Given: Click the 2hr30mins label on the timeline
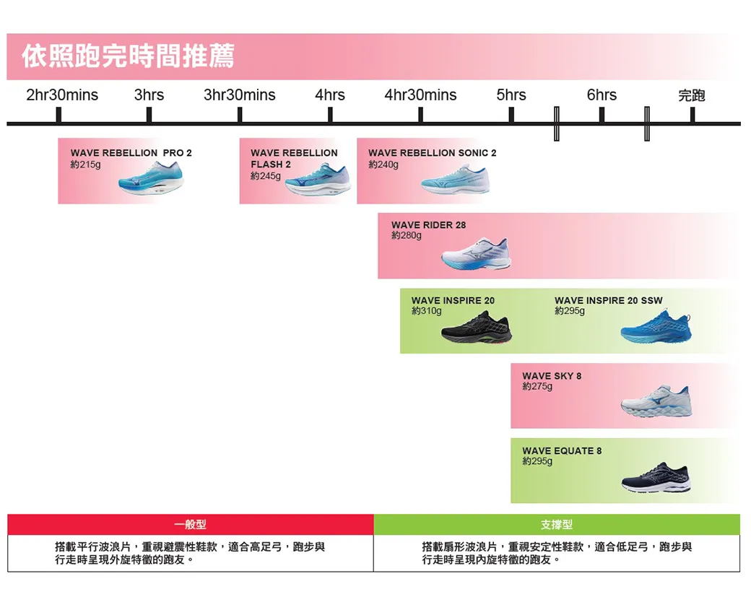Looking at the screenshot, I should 62,95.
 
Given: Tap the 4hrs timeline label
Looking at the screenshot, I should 330,95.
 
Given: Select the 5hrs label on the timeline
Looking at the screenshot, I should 511,95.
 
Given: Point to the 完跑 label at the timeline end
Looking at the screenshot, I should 692,95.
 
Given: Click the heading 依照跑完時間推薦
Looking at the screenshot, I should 129,56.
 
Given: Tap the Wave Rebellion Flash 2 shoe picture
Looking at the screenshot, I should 317,181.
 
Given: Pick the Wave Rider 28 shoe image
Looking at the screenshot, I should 476,253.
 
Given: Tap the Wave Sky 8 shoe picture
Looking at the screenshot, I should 656,401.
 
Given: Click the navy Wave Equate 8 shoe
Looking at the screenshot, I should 656,476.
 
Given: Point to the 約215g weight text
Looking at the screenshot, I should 86,165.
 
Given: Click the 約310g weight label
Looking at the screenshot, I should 426,311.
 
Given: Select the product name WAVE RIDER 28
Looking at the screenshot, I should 428,225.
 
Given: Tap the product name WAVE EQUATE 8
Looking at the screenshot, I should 562,451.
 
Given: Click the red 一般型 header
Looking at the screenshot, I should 190,525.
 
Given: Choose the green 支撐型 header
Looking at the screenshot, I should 556,525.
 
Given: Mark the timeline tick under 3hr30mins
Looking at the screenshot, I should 240,115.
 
